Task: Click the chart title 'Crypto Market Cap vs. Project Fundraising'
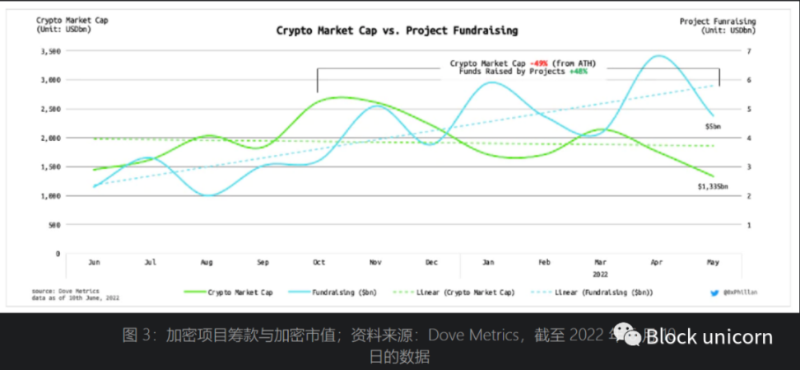(397, 30)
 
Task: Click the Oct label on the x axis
(319, 262)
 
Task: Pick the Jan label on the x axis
(488, 262)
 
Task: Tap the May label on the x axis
(713, 262)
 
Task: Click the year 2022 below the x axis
(601, 274)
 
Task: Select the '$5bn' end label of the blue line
(713, 126)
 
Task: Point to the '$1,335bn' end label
(712, 187)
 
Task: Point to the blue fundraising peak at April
(658, 56)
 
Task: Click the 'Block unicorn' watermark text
(709, 336)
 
